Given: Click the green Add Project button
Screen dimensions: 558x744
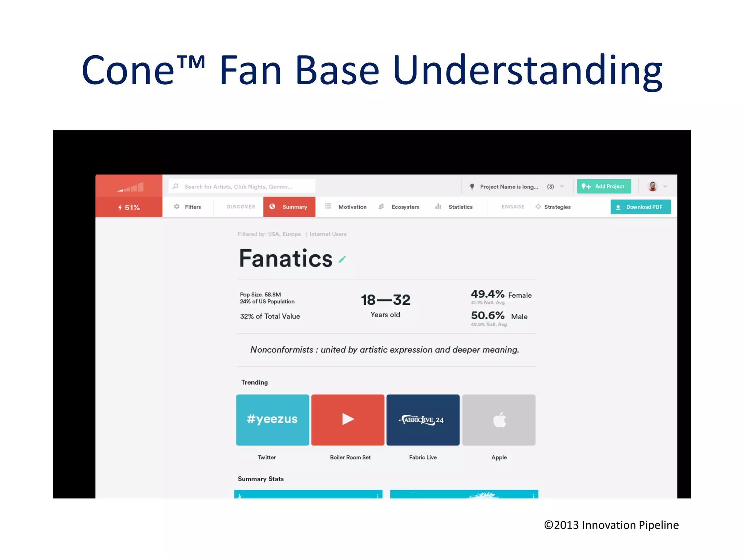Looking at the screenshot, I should click(x=603, y=186).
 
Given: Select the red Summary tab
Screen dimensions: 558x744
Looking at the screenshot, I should click(x=289, y=207).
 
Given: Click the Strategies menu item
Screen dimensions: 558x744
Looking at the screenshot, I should click(x=553, y=207).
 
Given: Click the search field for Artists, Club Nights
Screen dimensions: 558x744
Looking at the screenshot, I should click(x=242, y=186).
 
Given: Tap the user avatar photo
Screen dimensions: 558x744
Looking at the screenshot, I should click(x=652, y=186).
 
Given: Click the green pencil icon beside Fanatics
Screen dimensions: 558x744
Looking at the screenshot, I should click(x=342, y=259).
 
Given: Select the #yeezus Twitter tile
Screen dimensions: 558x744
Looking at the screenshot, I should click(x=272, y=420).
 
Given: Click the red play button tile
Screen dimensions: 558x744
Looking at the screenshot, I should click(x=348, y=420).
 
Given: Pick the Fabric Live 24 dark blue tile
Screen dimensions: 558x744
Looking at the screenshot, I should click(x=423, y=420).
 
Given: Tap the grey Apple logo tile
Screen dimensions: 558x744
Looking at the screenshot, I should click(x=499, y=420).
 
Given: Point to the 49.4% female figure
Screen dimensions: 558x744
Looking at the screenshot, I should click(x=488, y=294).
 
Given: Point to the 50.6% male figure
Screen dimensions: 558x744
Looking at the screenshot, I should click(x=488, y=315).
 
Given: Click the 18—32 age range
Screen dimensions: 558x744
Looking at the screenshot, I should click(x=385, y=300).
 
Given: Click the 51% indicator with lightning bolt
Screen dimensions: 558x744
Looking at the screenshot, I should click(x=129, y=207).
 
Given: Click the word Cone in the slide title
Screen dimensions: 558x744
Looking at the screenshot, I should click(x=128, y=70).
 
